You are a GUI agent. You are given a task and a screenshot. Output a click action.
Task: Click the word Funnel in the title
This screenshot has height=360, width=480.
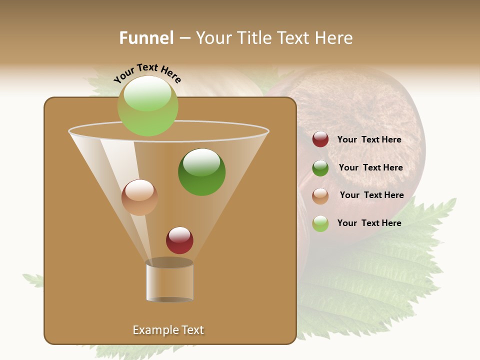click(x=146, y=38)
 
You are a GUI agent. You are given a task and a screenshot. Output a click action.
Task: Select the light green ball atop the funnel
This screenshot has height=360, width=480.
click(x=148, y=106)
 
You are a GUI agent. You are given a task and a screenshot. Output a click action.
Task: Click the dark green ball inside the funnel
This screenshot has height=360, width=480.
click(x=202, y=172)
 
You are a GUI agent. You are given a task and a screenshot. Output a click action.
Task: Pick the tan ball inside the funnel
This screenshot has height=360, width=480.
click(x=139, y=197)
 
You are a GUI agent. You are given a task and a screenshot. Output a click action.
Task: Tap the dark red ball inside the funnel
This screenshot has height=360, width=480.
click(x=179, y=240)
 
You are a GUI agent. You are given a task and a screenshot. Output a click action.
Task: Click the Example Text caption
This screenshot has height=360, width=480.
click(x=168, y=330)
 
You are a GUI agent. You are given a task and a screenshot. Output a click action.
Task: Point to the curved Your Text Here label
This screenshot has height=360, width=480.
click(x=147, y=73)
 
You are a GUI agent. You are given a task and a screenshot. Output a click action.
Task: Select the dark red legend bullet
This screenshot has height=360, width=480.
click(x=320, y=139)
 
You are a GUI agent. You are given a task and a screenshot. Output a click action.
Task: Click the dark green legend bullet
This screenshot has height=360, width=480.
click(x=320, y=168)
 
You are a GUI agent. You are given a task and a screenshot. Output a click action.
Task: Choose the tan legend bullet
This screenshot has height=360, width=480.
click(x=320, y=196)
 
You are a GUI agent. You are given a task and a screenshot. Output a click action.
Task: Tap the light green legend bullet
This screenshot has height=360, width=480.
click(x=320, y=223)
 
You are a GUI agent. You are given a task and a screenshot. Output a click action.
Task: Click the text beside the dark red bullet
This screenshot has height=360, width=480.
click(x=369, y=139)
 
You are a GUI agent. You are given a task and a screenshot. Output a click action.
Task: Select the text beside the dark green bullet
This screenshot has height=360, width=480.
click(x=370, y=167)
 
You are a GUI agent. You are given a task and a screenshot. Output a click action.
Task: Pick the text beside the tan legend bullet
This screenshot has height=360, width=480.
click(x=371, y=195)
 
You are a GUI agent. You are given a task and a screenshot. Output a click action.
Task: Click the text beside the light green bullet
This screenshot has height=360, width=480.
click(x=369, y=223)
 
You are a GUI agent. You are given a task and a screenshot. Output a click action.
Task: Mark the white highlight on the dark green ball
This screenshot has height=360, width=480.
click(x=201, y=162)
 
